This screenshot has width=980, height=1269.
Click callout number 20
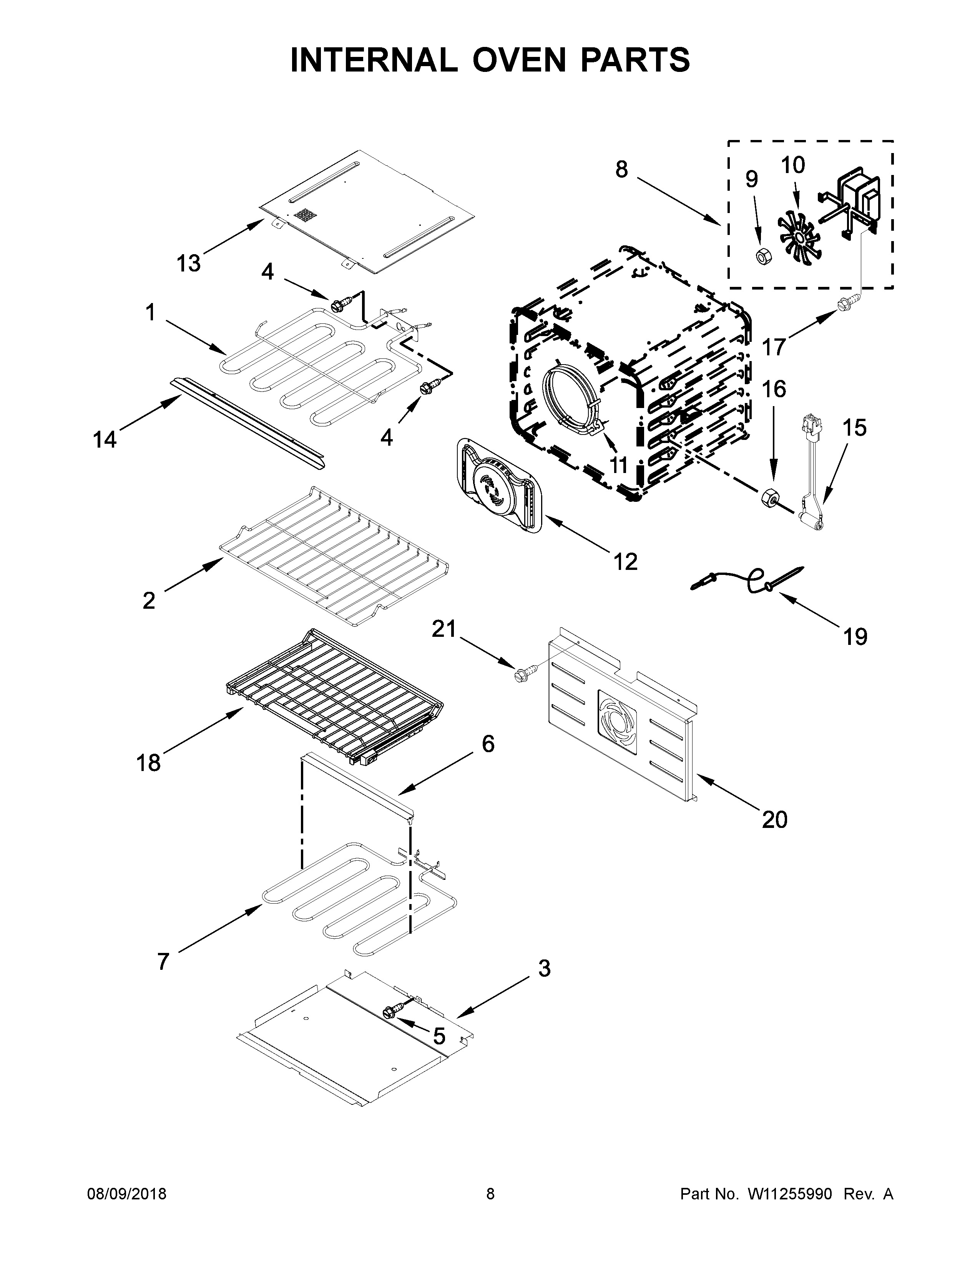click(x=774, y=819)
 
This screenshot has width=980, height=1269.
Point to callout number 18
click(x=148, y=762)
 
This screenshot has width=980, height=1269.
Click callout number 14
click(x=105, y=440)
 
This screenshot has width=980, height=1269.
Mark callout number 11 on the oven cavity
click(x=619, y=465)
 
